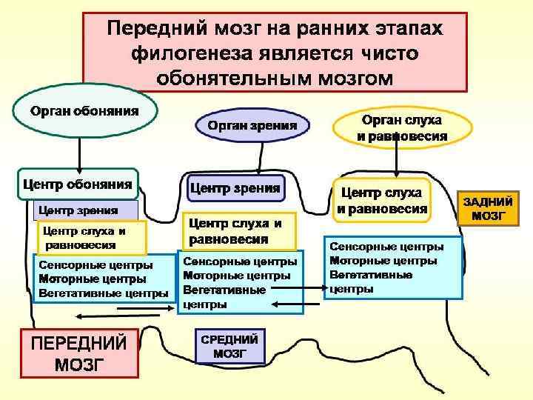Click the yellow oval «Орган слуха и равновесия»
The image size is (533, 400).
pyautogui.click(x=401, y=127)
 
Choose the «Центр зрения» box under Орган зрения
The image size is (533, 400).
pyautogui.click(x=235, y=188)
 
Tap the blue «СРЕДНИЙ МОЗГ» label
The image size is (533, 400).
pyautogui.click(x=229, y=346)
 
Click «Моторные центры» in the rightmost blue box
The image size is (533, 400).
pyautogui.click(x=382, y=260)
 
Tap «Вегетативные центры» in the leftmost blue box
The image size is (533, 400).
pyautogui.click(x=103, y=293)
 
